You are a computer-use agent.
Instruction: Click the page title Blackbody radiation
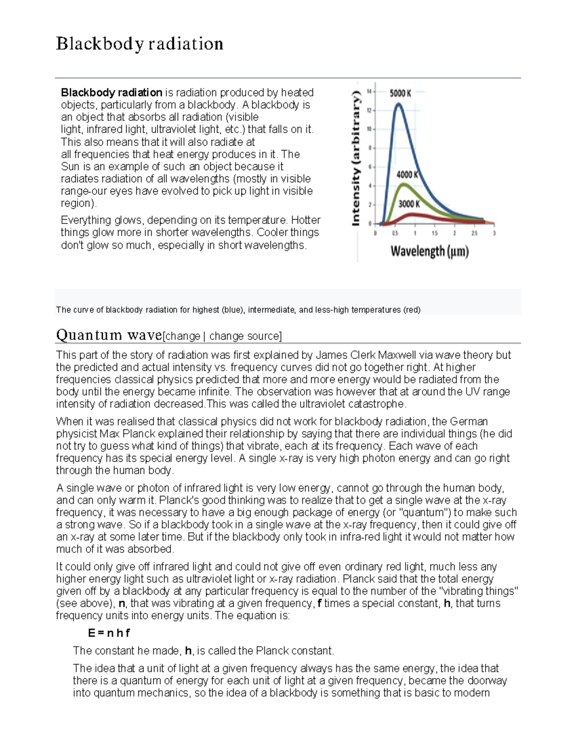(x=139, y=44)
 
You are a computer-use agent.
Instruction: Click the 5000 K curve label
(x=400, y=93)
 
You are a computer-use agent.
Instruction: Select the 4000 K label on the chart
(x=407, y=175)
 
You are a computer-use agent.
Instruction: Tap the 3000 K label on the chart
(x=409, y=204)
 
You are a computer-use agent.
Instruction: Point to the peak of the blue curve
(x=398, y=104)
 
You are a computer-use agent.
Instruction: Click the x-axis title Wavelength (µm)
(x=430, y=251)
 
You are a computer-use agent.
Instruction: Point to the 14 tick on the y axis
(x=369, y=91)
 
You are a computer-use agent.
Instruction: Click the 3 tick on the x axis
(x=494, y=233)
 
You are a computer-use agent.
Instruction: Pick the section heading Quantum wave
(x=109, y=334)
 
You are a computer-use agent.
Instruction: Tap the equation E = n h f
(x=109, y=633)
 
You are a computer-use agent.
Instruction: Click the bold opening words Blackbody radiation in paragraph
(x=111, y=92)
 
